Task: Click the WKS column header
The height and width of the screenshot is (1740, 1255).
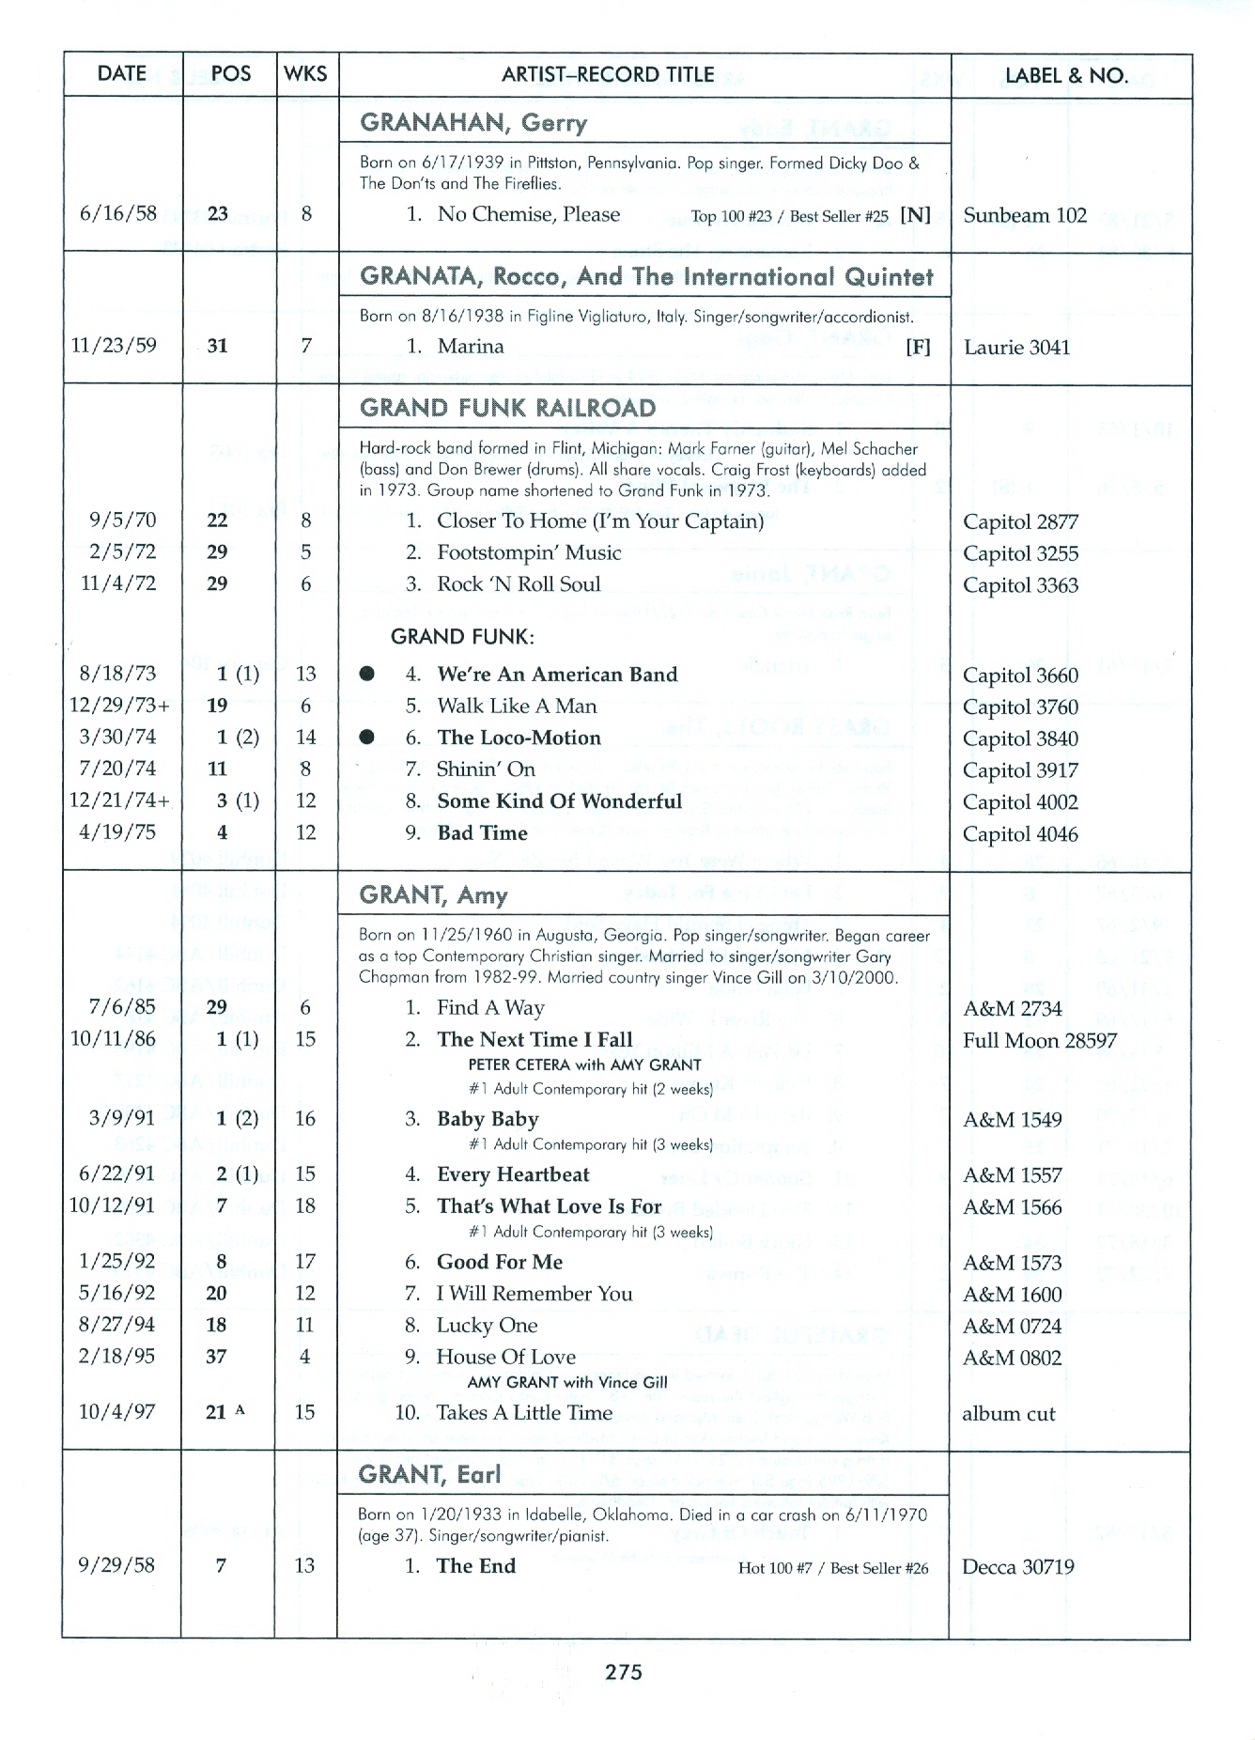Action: point(305,74)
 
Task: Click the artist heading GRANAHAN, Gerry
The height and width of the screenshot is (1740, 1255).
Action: point(473,123)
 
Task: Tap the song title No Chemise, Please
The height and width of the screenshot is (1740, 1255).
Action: point(528,214)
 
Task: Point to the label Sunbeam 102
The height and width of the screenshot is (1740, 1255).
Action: point(1025,215)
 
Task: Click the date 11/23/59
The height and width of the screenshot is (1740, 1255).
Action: point(114,345)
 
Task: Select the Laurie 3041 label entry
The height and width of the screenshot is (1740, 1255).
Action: point(1016,348)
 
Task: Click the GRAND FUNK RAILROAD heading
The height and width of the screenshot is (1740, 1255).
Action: point(507,408)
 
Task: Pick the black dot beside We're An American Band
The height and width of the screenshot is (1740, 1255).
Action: point(367,674)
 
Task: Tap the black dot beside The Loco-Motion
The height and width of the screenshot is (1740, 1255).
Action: point(367,738)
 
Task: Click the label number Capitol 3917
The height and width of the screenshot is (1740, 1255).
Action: point(1020,770)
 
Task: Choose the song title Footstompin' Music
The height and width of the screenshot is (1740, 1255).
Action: point(529,552)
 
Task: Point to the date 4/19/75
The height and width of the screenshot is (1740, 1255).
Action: point(119,832)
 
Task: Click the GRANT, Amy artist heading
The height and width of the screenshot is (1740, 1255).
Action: point(433,895)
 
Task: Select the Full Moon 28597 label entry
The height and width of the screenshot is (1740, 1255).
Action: point(1039,1041)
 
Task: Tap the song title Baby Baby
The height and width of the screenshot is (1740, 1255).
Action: point(488,1119)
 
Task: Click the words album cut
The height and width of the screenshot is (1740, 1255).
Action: point(1008,1414)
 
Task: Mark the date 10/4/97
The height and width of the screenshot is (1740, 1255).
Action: point(117,1412)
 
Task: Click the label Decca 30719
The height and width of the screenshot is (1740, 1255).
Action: point(1018,1567)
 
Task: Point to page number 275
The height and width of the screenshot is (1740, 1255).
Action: point(624,1671)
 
